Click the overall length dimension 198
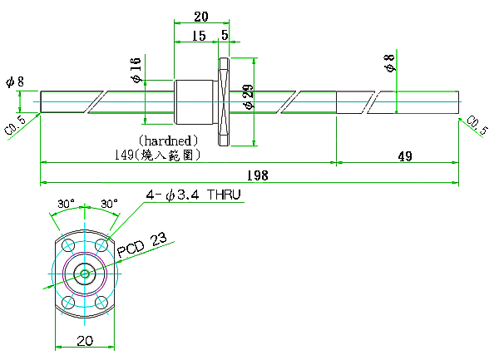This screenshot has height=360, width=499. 258,175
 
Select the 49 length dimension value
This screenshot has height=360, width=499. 405,156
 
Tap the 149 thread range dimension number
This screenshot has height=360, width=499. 124,155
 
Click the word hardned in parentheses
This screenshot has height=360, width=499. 168,141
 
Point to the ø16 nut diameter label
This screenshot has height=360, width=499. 136,70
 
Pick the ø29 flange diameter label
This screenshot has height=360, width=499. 249,96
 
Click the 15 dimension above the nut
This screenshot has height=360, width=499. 199,36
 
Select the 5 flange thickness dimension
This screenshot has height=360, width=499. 225,35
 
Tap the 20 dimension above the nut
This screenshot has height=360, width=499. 201,17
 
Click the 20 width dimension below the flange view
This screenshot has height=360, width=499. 85,341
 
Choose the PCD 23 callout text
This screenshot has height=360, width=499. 142,245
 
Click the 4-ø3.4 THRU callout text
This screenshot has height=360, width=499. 193,195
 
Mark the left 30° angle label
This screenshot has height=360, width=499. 66,204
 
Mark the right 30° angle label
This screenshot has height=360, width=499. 109,204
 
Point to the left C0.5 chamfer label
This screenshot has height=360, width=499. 15,126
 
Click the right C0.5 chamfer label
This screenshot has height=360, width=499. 477,126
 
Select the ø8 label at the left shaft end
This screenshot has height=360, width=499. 15,81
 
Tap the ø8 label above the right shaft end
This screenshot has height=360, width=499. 389,63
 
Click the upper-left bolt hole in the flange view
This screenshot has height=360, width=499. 68,245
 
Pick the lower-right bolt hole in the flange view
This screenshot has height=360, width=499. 101,302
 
